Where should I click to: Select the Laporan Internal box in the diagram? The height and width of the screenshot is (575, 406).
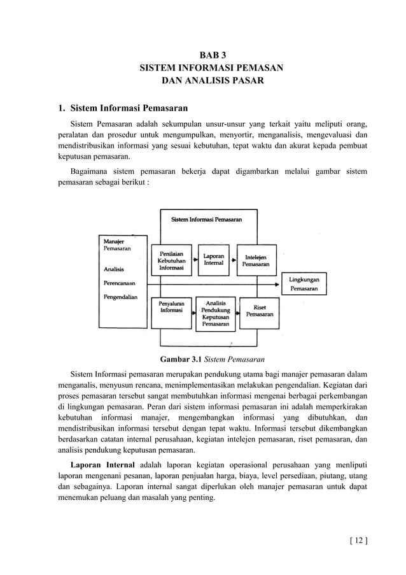213,260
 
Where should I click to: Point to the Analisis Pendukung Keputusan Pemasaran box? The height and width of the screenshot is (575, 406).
215,314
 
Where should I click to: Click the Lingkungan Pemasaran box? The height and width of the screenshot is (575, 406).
304,283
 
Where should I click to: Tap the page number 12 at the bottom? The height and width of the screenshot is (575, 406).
358,541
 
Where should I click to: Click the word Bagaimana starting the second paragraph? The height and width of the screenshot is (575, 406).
90,171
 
